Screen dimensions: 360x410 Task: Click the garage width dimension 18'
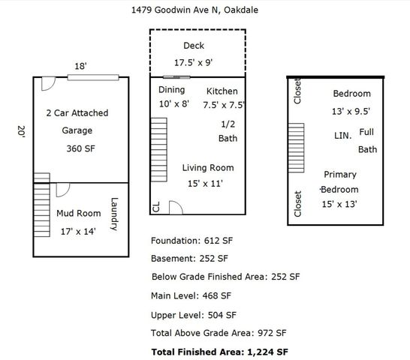[80, 66]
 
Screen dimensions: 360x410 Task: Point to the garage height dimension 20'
[21, 132]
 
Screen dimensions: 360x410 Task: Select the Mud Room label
[79, 214]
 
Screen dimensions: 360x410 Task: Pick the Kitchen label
[222, 91]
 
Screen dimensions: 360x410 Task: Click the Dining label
[171, 90]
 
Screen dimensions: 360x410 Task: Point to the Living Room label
[207, 168]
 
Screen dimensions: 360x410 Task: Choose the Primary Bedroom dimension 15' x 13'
[339, 204]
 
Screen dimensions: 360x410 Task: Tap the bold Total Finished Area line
[219, 351]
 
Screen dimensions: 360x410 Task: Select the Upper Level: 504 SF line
[194, 315]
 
